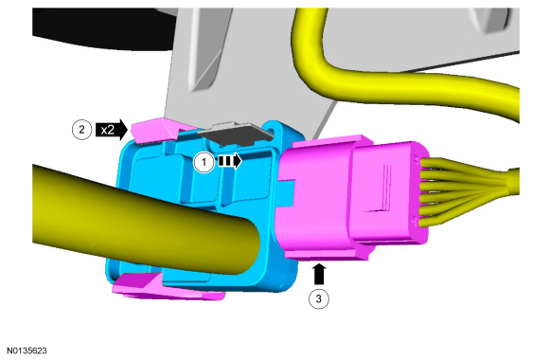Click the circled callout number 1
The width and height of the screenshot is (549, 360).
coord(204,162)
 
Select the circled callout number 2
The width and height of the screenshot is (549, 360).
coord(81,130)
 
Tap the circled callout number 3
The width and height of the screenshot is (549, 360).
coord(319,299)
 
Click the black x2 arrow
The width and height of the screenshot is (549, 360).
coord(112,130)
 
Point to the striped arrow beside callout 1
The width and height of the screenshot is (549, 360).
coord(230,161)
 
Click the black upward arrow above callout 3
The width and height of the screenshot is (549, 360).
coord(319,274)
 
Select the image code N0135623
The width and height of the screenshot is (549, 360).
coord(27,351)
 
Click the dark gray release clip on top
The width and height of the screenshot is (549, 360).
coord(236,134)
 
